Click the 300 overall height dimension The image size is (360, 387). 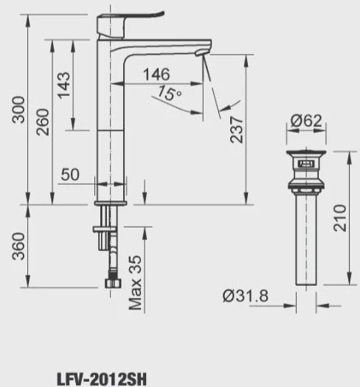pyautogui.click(x=18, y=109)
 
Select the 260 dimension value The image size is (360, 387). pyautogui.click(x=43, y=122)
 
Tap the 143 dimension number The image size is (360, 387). pyautogui.click(x=63, y=86)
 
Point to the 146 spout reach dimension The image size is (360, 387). pyautogui.click(x=156, y=74)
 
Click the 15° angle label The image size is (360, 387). pyautogui.click(x=170, y=93)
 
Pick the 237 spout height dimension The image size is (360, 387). pyautogui.click(x=237, y=130)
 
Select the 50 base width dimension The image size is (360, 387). pyautogui.click(x=70, y=174)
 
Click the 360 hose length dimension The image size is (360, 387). pyautogui.click(x=18, y=246)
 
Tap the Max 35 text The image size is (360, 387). pyautogui.click(x=135, y=283)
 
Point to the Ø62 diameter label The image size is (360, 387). pyautogui.click(x=306, y=120)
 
